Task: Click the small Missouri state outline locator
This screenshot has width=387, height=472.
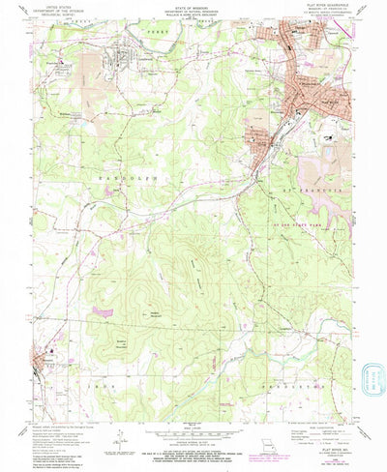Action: click(268, 450)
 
